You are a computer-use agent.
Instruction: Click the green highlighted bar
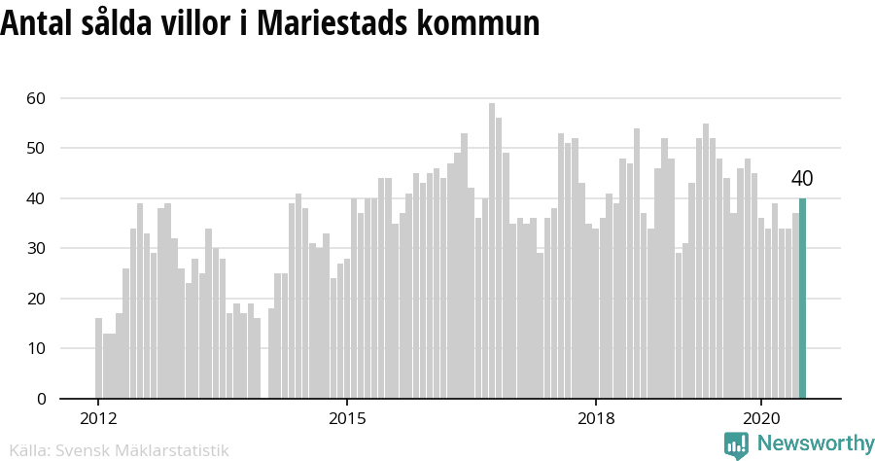point(803,299)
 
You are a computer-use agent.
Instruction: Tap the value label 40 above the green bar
point(802,179)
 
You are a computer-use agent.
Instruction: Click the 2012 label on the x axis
point(97,418)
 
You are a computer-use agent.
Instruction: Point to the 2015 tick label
point(347,418)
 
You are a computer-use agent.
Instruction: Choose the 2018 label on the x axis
point(596,418)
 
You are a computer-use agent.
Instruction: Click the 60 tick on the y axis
point(36,98)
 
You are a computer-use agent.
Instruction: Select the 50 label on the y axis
point(36,148)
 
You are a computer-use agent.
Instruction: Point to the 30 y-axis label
point(36,248)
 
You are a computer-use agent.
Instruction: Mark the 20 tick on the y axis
point(36,299)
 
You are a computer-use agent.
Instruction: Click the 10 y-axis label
point(36,348)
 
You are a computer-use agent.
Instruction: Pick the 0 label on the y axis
point(41,399)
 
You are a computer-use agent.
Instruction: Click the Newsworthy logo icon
point(736,445)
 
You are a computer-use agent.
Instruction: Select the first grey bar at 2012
point(98,358)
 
